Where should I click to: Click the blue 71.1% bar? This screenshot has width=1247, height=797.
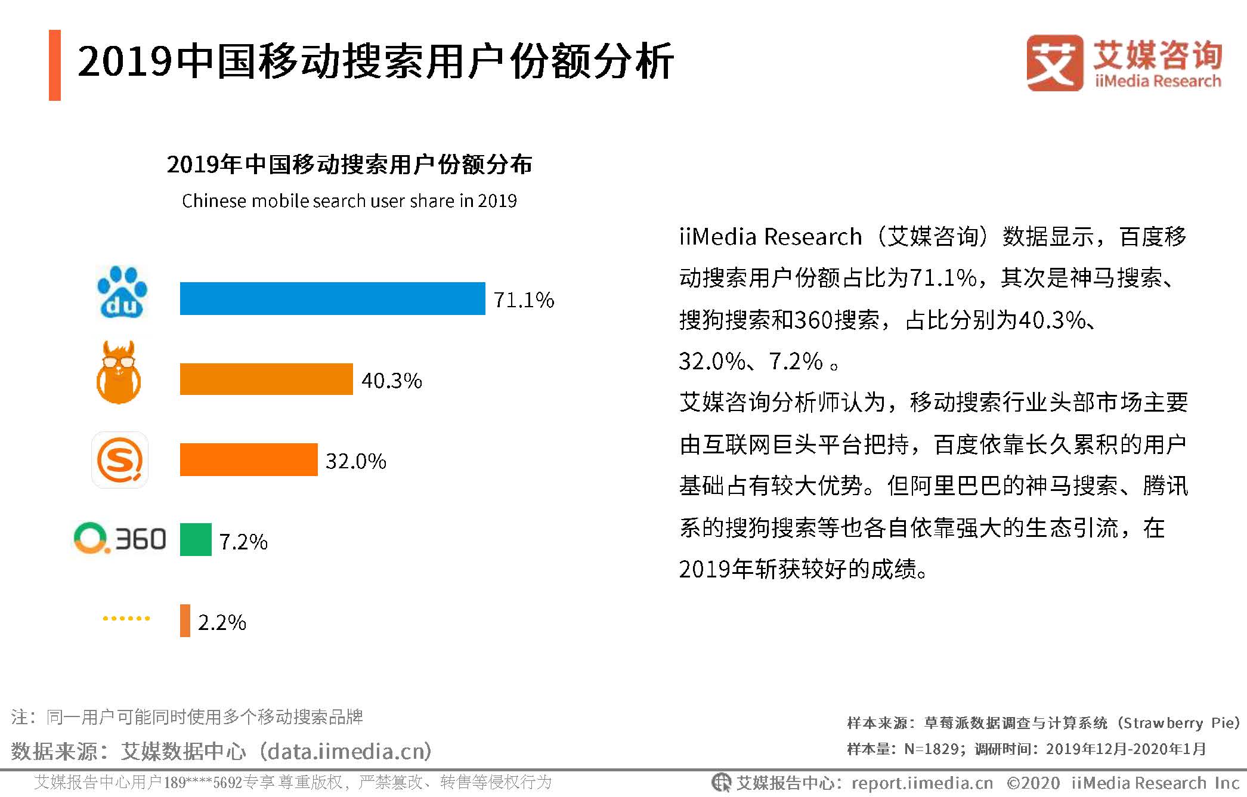click(332, 298)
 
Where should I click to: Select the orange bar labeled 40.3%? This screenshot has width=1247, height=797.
click(266, 379)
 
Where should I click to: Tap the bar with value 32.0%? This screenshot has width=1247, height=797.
click(249, 459)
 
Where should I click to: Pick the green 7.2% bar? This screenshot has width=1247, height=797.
click(196, 539)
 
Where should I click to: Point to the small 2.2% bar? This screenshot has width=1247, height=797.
click(185, 620)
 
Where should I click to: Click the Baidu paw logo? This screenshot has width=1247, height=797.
click(122, 292)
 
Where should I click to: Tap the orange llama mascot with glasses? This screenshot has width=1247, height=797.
click(119, 373)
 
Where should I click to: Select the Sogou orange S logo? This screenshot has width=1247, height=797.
click(120, 460)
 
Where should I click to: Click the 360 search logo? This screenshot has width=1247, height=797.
click(120, 539)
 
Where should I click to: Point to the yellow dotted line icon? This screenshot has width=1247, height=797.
click(126, 618)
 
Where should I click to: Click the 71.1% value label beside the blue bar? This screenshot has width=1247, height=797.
click(524, 299)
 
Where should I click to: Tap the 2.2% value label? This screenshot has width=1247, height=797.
click(222, 622)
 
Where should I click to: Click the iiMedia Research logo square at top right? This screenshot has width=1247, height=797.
click(1054, 63)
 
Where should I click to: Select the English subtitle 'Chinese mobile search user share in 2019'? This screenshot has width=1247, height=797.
click(349, 201)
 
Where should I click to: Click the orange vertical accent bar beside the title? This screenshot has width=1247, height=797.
click(55, 65)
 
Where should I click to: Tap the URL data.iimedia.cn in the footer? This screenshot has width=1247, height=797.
click(349, 751)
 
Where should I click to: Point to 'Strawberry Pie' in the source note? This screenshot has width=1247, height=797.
click(1178, 723)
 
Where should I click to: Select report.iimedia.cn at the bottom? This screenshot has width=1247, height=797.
click(922, 783)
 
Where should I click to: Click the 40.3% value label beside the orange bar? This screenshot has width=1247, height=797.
click(391, 381)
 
